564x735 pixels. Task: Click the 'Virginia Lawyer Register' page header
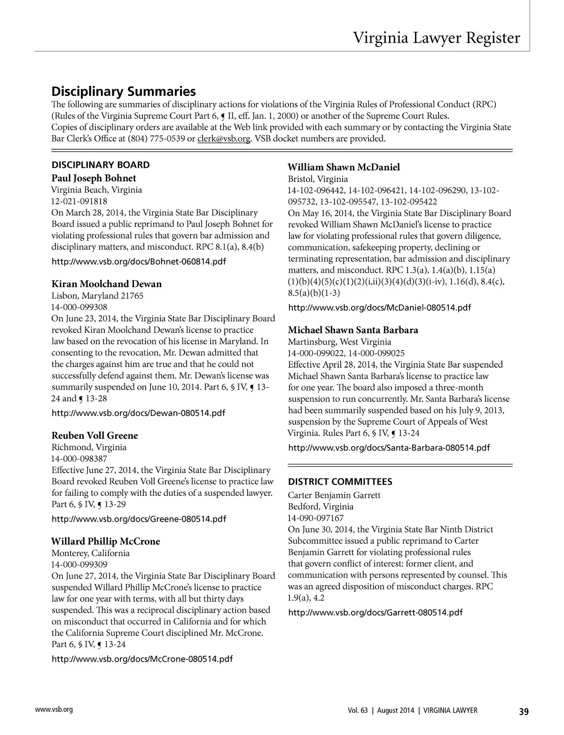click(437, 38)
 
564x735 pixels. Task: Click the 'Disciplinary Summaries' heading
click(123, 91)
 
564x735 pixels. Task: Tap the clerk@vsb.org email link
click(224, 139)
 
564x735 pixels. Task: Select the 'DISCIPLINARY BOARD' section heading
click(101, 165)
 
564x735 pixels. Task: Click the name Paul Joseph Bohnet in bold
click(94, 178)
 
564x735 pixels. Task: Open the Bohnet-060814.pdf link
click(138, 261)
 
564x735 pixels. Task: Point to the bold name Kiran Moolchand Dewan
click(106, 284)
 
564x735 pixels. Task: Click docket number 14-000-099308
click(79, 307)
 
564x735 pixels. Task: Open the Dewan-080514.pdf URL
click(138, 413)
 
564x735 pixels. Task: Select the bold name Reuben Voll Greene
click(94, 435)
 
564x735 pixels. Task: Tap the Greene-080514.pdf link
click(138, 519)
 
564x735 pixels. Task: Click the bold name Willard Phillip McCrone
click(106, 541)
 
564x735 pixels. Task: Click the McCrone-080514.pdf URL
click(141, 659)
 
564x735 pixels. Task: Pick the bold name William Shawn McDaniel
click(344, 167)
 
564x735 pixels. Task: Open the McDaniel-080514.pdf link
click(379, 308)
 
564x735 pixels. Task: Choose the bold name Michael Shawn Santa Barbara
click(353, 330)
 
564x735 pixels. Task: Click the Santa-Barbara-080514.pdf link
click(389, 447)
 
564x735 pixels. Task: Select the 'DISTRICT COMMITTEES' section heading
click(340, 482)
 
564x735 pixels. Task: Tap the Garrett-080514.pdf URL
click(375, 612)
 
